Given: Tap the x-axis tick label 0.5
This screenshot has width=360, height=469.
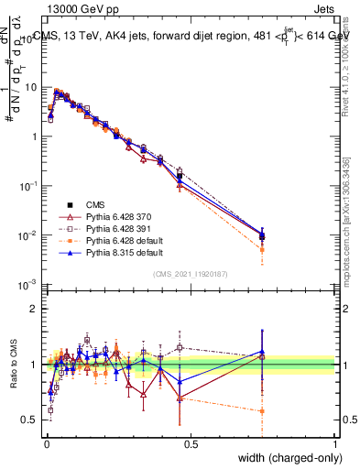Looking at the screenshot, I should coord(191,443).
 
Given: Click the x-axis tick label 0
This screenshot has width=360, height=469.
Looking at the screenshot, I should coord(47,443).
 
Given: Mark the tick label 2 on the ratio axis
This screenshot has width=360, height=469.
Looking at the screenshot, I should coord(34,309).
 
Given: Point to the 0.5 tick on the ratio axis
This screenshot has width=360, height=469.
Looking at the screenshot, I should coord(30,420).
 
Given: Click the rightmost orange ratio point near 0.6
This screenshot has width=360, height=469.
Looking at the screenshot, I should coord(263,411).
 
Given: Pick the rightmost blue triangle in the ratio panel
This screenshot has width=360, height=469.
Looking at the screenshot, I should coord(263,351).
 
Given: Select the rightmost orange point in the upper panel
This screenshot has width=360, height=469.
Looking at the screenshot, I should coord(263,249).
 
